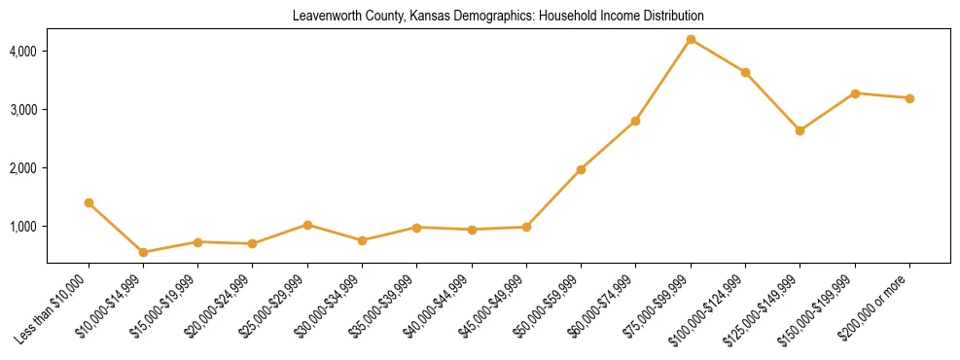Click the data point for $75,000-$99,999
691,39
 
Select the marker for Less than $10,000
89,202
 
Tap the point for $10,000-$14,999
143,252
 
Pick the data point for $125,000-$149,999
800,130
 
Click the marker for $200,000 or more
909,98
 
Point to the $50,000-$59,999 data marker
581,169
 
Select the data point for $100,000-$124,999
745,72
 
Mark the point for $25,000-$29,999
307,225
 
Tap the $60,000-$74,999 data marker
635,121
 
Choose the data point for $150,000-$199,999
855,93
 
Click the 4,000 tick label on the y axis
22,51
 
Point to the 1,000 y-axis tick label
22,227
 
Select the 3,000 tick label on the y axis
22,109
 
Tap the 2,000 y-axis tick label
22,168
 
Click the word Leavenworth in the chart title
324,17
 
